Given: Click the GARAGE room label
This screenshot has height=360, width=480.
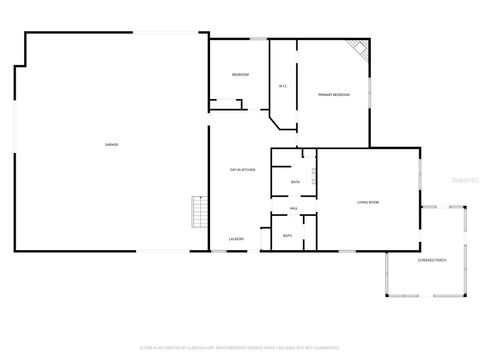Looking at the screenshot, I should [x=112, y=145].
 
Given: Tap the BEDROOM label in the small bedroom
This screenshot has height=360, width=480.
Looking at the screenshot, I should [x=240, y=75].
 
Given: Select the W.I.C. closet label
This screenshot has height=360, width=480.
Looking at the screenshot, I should [x=283, y=86].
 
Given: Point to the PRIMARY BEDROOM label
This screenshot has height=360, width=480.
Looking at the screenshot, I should [x=334, y=95].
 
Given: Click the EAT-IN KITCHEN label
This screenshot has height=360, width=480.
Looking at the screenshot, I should [x=242, y=170].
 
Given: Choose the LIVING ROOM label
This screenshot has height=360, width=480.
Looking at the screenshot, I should [x=367, y=202].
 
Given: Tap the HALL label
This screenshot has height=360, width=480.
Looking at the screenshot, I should [x=294, y=208].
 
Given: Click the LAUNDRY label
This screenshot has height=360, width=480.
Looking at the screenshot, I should [x=237, y=239].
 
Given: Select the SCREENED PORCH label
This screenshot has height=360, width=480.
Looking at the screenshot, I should [x=432, y=260].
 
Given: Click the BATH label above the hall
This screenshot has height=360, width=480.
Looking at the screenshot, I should [x=295, y=182].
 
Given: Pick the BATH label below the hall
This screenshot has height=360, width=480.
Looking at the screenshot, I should [x=287, y=236].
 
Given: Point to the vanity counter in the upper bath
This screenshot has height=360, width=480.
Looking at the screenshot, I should [x=313, y=177].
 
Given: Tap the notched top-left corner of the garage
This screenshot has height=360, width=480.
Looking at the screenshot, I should [x=20, y=67].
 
